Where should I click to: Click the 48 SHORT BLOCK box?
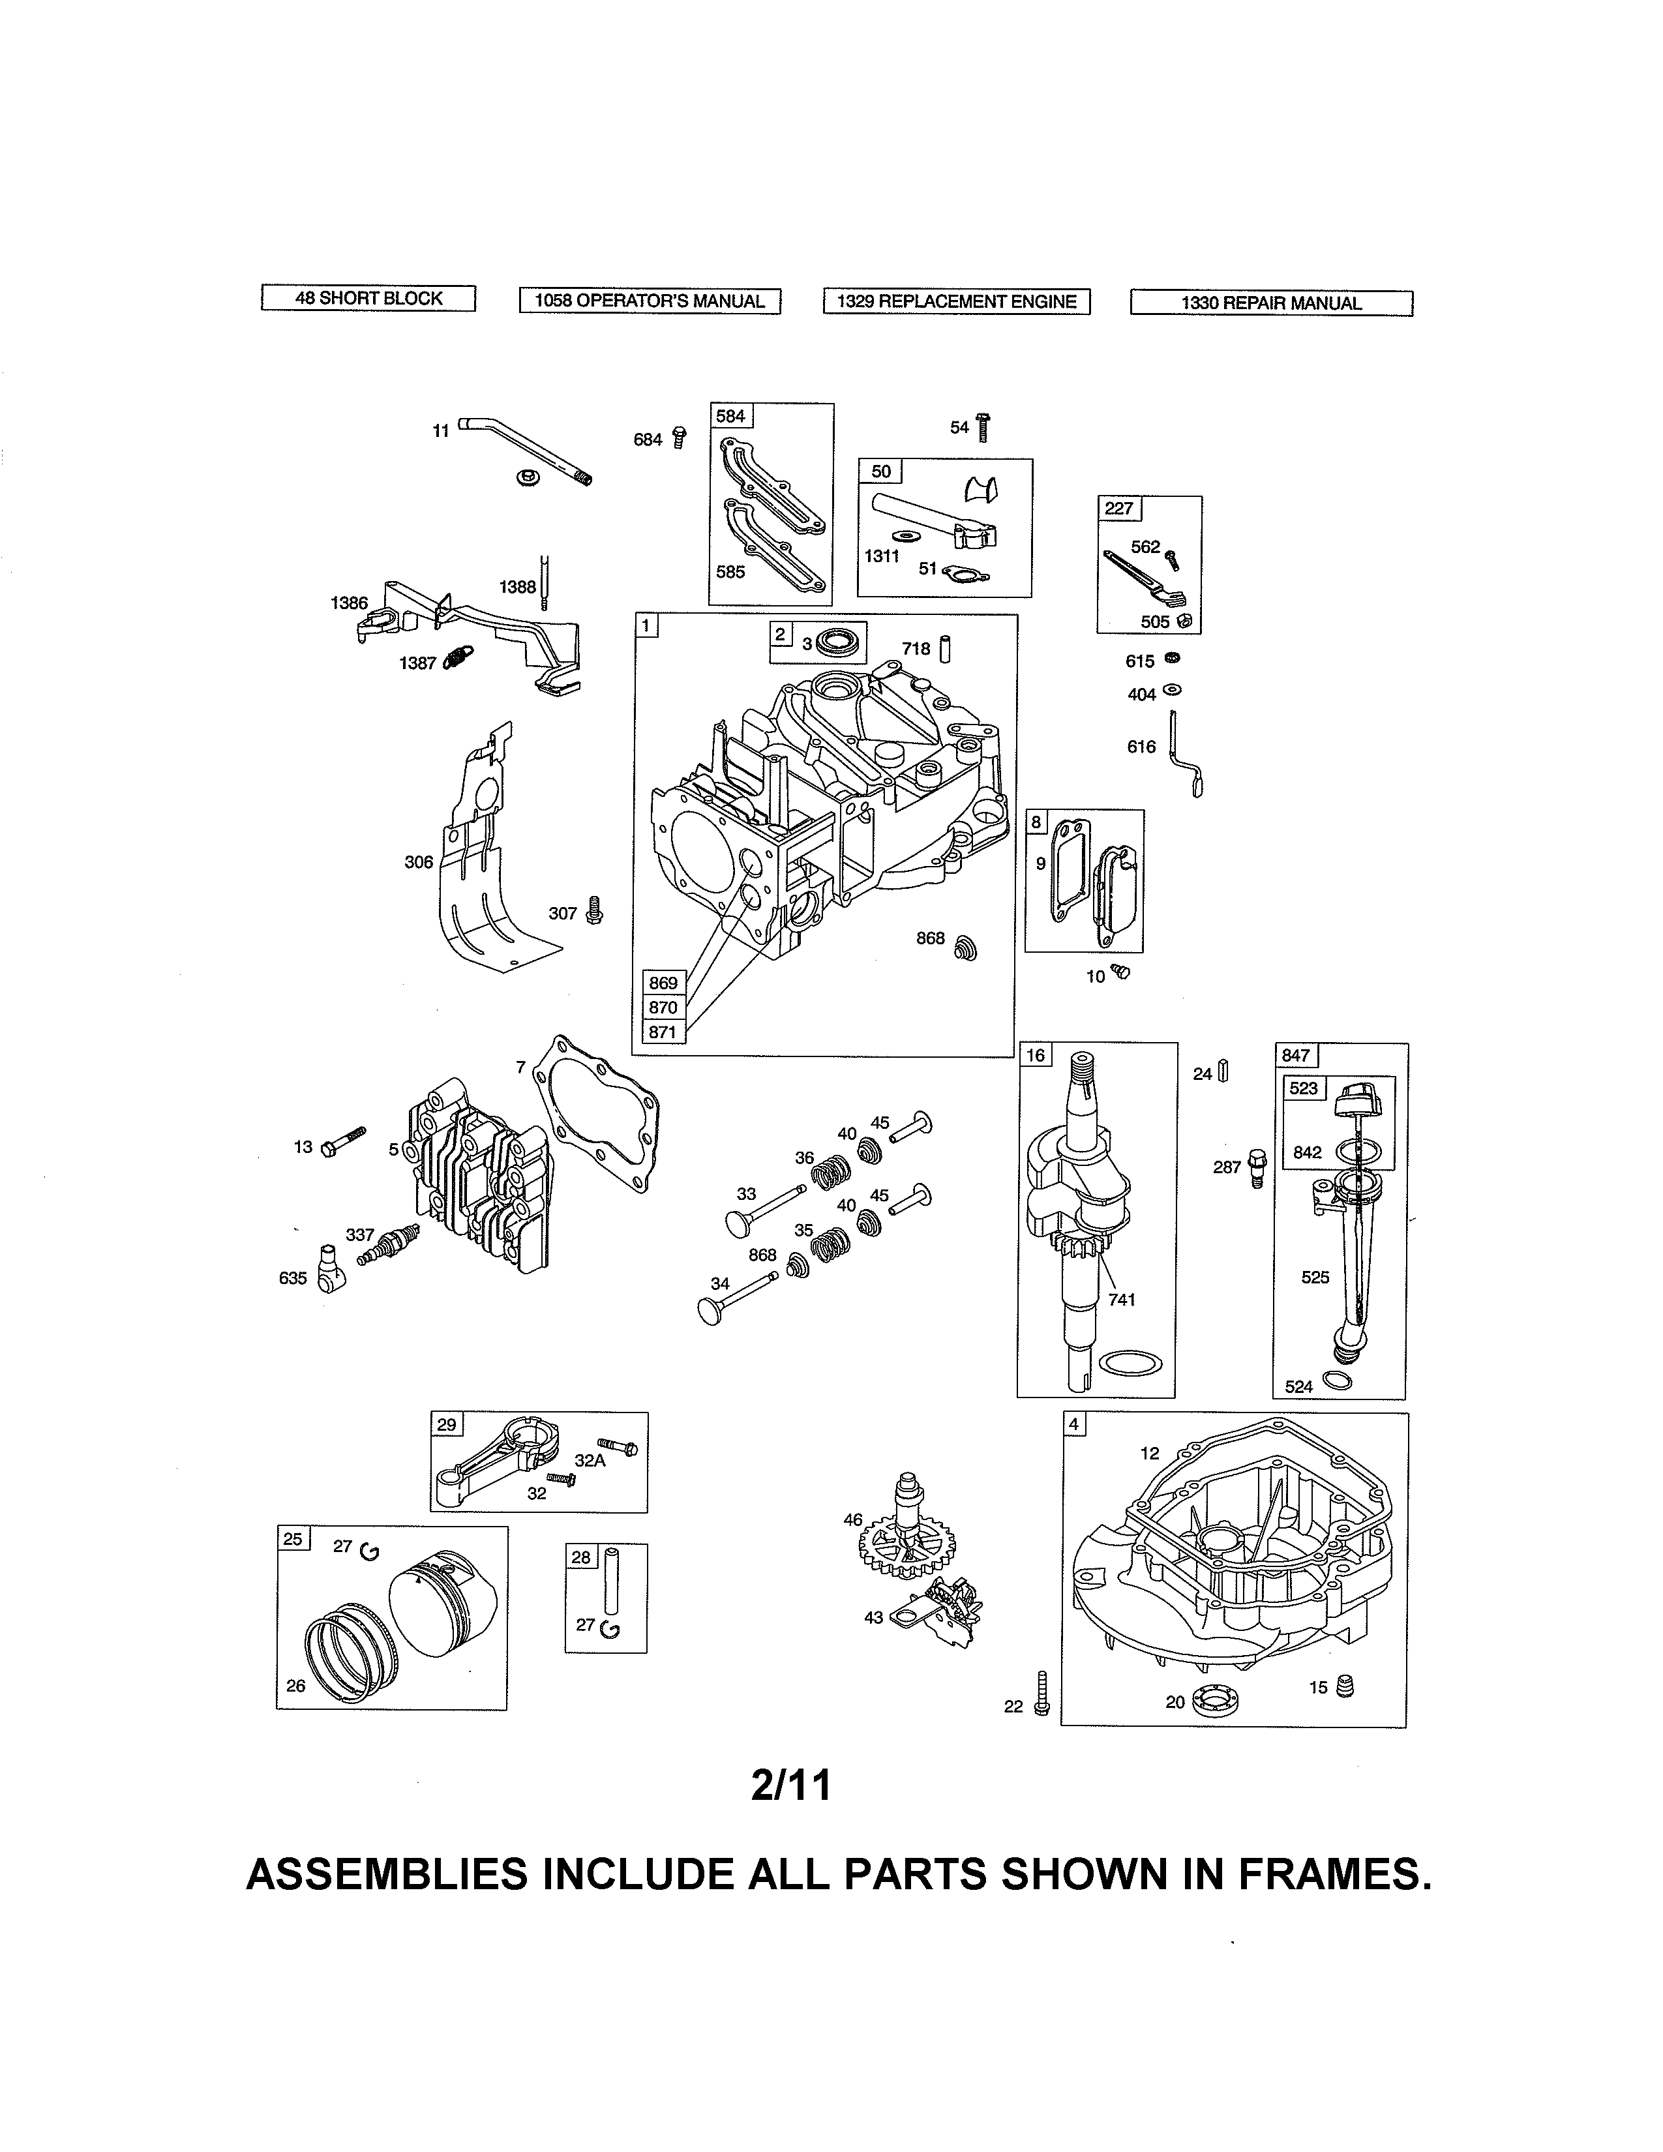[x=368, y=299]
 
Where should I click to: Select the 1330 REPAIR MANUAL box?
[x=1271, y=303]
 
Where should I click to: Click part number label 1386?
[x=349, y=603]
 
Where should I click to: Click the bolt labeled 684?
[x=679, y=438]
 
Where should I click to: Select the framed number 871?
[x=663, y=1032]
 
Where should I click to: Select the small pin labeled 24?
[x=1223, y=1071]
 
